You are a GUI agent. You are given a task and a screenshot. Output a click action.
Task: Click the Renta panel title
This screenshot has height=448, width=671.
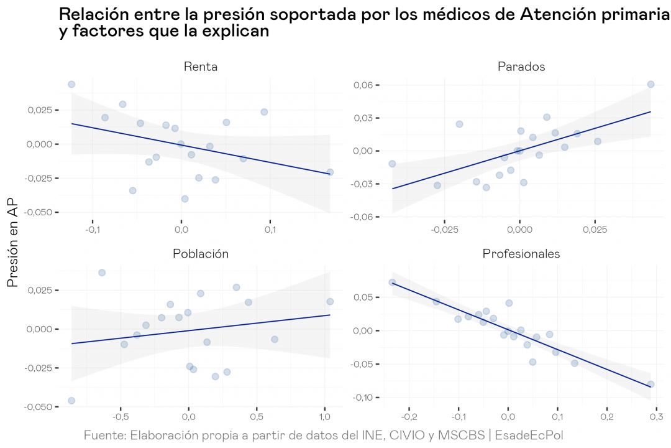(x=201, y=67)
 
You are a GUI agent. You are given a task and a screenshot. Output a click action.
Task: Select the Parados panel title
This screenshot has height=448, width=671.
(x=521, y=67)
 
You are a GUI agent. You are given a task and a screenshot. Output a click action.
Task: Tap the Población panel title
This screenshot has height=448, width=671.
(x=201, y=254)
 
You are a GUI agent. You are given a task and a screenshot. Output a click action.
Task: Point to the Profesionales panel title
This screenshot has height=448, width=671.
(x=521, y=254)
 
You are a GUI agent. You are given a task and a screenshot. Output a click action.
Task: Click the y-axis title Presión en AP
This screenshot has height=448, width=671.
(x=13, y=248)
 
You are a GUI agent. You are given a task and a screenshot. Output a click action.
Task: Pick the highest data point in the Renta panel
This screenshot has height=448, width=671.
(x=71, y=85)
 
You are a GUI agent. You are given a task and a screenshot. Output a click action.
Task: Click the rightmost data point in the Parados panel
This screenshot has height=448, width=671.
(x=650, y=84)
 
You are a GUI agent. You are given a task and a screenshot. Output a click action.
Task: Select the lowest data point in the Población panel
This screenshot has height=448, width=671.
(x=71, y=401)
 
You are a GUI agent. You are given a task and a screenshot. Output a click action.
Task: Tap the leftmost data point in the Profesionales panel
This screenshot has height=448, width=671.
(x=392, y=282)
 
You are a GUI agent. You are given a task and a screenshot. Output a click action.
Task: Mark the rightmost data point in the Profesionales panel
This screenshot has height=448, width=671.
(x=650, y=384)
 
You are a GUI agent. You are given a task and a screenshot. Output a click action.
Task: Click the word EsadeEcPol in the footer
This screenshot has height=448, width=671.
(x=529, y=434)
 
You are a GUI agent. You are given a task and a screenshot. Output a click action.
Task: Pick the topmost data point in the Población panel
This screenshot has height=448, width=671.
(x=102, y=273)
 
